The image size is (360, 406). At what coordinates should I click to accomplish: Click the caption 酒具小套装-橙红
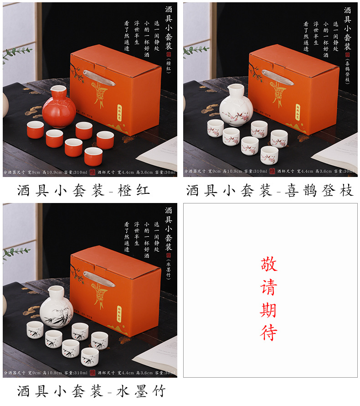point(83,190)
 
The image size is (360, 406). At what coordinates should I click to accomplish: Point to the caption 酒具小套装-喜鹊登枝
point(270,190)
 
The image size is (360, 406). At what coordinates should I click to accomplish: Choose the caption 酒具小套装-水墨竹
point(91,390)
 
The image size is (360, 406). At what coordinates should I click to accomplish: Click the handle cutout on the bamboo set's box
point(99,278)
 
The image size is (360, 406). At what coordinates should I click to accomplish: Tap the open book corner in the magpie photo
point(337,153)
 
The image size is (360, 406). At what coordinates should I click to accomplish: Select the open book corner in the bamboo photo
point(157,354)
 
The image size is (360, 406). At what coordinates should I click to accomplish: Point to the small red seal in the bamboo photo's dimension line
point(93,372)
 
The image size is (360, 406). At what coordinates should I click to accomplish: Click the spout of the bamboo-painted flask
point(50,289)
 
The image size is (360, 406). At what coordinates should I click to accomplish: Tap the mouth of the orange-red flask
point(58,88)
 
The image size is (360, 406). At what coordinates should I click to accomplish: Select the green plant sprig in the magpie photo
point(195,49)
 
